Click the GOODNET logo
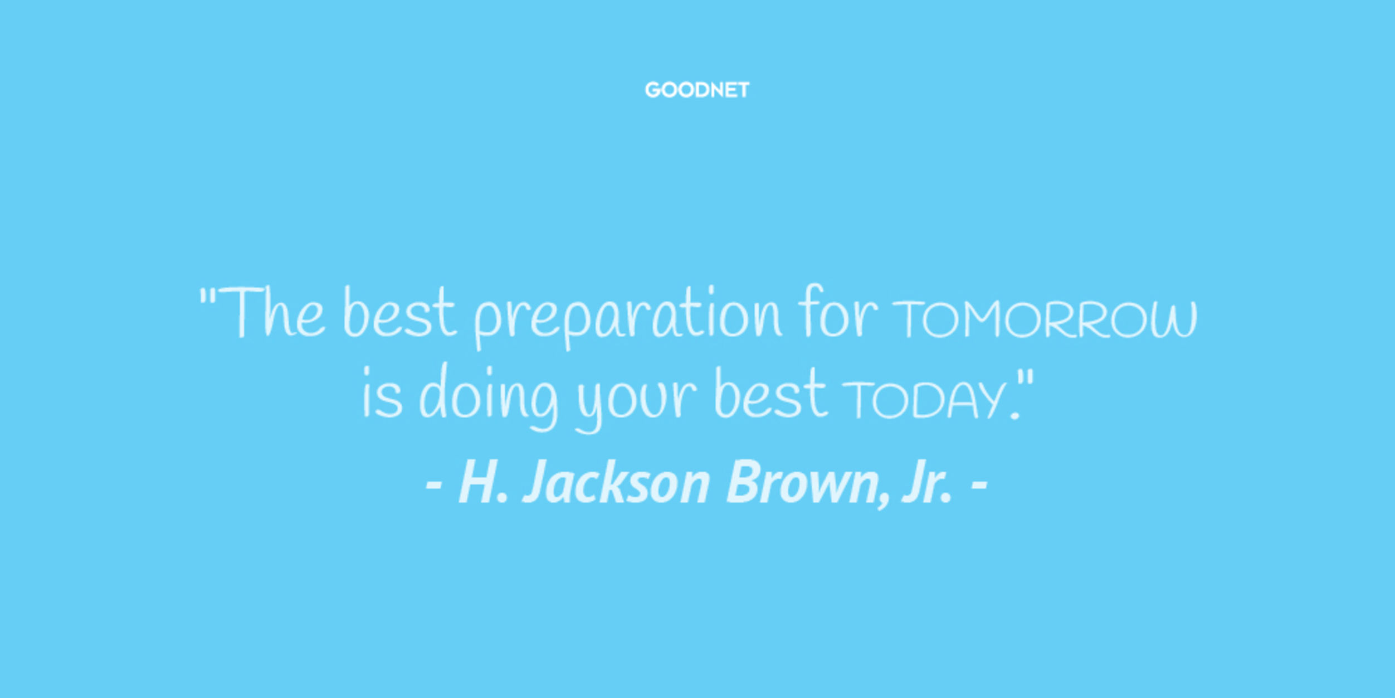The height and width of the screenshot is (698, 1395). (x=697, y=90)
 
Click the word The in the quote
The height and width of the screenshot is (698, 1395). (x=272, y=312)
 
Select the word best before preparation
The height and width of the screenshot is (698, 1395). (x=399, y=312)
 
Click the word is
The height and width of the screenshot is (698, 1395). (x=382, y=392)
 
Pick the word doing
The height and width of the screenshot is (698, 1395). (x=489, y=396)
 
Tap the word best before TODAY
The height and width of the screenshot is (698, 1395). (x=770, y=392)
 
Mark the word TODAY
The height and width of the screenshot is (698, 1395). (x=928, y=400)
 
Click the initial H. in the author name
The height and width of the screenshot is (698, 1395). (x=483, y=483)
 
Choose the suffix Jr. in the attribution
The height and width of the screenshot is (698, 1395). (x=926, y=483)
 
